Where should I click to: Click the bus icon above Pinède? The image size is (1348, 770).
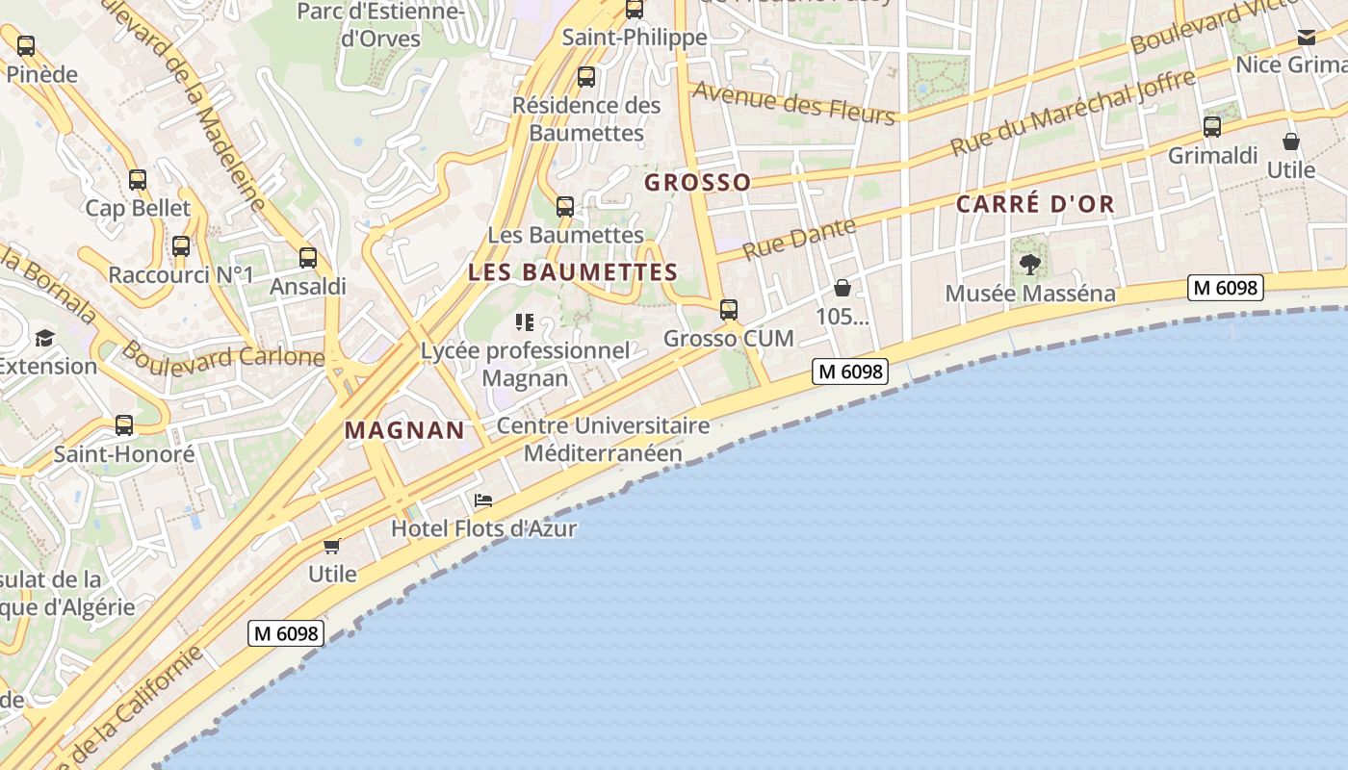click(26, 45)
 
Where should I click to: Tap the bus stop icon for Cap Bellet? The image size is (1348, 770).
click(138, 179)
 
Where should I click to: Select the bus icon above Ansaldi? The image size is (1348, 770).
click(308, 258)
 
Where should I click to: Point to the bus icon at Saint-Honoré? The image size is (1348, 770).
click(124, 424)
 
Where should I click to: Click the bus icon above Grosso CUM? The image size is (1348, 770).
click(729, 310)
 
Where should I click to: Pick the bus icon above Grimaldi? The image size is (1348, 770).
click(1212, 126)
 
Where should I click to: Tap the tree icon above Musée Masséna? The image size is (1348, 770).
click(1030, 264)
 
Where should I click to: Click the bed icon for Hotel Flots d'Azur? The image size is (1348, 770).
click(483, 500)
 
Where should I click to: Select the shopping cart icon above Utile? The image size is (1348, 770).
click(332, 546)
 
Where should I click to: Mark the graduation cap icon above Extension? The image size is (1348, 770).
click(44, 338)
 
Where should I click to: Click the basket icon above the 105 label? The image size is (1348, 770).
click(842, 288)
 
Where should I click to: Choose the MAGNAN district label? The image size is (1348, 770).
click(404, 430)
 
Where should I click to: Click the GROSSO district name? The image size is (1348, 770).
click(698, 182)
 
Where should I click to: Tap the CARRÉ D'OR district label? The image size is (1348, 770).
click(1035, 204)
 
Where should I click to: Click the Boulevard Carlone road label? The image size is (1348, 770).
click(223, 355)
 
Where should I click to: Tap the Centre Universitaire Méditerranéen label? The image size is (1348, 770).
click(604, 439)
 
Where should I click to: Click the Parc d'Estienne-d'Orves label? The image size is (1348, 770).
click(381, 25)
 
